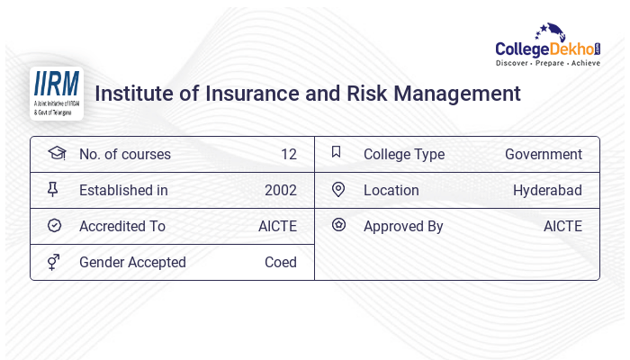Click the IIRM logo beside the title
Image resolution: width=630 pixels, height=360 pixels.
56,93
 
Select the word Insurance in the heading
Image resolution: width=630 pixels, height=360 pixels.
235,94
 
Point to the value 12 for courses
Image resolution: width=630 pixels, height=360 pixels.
288,154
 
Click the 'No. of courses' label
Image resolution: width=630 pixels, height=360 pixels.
124,154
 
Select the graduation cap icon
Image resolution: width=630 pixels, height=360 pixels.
56,153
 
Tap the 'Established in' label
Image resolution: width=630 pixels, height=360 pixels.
123,190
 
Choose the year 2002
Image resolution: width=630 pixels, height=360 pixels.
280,190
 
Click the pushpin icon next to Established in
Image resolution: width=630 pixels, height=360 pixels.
53,189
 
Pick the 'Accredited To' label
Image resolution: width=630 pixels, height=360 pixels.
122,226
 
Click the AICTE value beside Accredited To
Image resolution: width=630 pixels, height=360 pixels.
277,226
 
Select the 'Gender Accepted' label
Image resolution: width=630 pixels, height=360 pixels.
132,262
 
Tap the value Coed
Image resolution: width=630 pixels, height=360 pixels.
280,262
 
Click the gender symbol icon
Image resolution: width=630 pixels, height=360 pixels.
53,261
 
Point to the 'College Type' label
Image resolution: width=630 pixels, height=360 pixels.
403,154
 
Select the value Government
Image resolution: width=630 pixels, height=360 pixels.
543,154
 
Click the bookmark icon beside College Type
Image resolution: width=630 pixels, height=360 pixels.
336,152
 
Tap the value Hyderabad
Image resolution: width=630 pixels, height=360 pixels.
547,190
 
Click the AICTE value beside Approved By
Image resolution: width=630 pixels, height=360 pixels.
562,226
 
